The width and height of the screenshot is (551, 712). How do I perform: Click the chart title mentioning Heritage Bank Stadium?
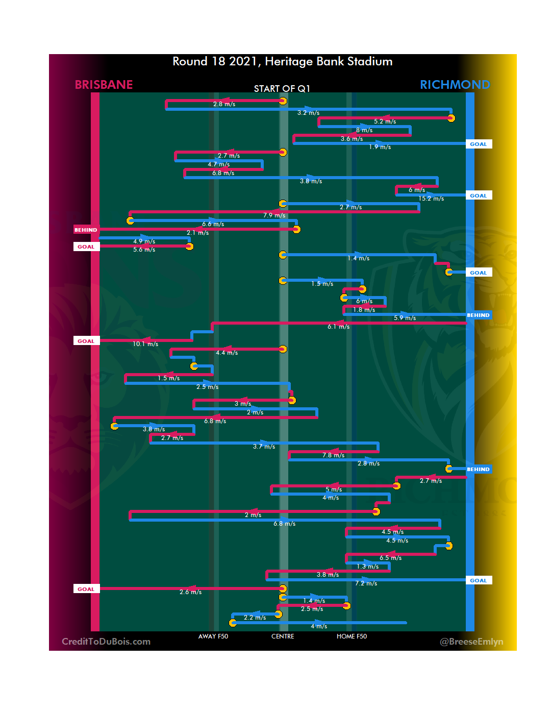[x=282, y=62]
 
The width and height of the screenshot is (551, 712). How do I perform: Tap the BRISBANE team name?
[x=104, y=85]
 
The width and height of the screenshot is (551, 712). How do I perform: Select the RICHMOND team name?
[x=455, y=85]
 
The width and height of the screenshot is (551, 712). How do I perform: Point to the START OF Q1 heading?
[x=282, y=89]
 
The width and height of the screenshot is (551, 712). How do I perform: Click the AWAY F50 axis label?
[x=213, y=636]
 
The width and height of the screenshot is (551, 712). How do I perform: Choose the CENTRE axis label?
[x=283, y=636]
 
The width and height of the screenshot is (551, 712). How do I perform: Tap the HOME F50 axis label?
[x=352, y=636]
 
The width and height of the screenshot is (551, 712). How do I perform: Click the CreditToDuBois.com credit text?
[x=106, y=642]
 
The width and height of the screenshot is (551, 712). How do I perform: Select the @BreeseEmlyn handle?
[x=471, y=642]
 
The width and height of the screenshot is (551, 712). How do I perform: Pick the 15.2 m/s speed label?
[x=431, y=199]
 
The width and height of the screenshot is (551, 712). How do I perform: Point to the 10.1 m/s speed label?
[x=145, y=344]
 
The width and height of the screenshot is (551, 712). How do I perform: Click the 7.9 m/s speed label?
[x=274, y=215]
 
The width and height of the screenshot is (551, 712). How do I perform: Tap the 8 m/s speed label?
[x=364, y=130]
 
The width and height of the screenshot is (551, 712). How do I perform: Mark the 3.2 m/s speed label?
[x=308, y=113]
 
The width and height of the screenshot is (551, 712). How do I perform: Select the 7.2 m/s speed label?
[x=366, y=583]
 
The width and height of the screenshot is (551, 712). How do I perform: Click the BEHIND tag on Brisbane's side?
[x=86, y=230]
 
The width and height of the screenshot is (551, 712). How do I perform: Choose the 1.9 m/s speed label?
[x=380, y=147]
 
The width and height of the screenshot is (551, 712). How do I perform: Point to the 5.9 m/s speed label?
[x=405, y=318]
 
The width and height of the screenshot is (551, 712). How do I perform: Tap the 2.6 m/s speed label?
[x=190, y=592]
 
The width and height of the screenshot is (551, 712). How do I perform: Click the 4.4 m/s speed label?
[x=227, y=353]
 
